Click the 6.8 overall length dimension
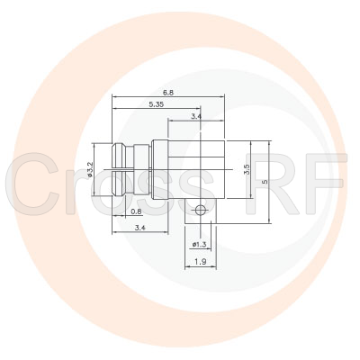click(168, 92)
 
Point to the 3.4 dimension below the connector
click(139, 229)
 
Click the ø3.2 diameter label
click(92, 169)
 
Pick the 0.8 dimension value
click(135, 211)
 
